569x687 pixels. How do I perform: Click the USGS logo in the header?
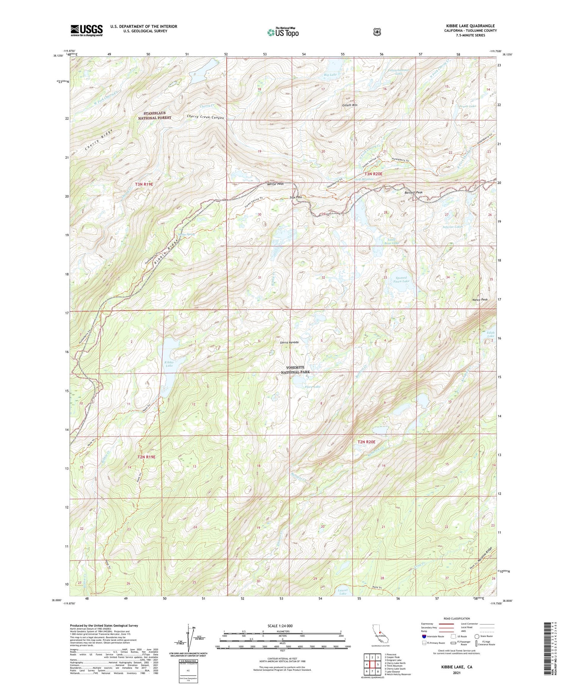pos(86,30)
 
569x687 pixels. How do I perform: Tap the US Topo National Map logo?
pos(283,32)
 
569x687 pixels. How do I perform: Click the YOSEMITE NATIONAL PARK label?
pos(295,370)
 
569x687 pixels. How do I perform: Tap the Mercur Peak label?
pos(275,184)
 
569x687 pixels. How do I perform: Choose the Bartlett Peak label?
pos(413,192)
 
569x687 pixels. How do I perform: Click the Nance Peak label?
pos(479,300)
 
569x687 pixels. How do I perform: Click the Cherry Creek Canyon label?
pos(205,117)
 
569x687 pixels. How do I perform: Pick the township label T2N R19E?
pos(146,457)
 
